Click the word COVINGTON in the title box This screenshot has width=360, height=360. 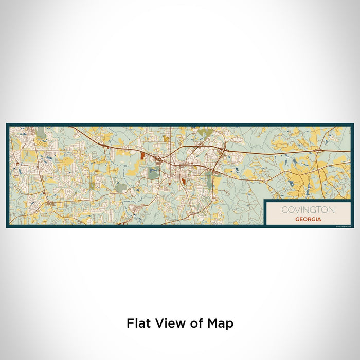click(308, 210)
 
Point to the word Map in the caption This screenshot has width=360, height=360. click(222, 324)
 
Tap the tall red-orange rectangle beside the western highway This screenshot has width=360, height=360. click(142, 155)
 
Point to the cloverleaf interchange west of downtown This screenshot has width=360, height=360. click(159, 161)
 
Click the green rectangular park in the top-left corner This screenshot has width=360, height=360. click(41, 132)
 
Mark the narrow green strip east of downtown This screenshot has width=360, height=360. click(208, 178)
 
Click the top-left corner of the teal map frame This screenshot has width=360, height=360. click(7, 124)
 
